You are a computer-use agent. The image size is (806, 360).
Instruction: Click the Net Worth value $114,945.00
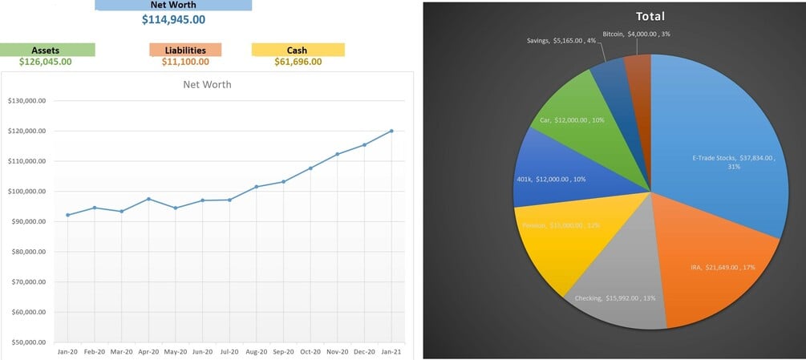[173, 19]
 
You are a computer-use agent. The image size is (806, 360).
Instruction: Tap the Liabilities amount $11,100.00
[185, 62]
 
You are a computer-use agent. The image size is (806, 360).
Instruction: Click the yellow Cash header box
[298, 50]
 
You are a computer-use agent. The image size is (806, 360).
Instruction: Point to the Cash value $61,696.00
[298, 62]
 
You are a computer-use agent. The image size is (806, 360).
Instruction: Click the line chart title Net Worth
[208, 84]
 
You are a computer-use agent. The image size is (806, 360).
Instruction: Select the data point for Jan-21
[391, 131]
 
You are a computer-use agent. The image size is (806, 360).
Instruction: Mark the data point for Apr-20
[148, 199]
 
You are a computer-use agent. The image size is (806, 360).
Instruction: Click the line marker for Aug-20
[257, 187]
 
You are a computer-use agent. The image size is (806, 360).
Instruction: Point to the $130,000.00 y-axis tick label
[26, 101]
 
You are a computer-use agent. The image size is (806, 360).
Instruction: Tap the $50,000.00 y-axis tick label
[26, 342]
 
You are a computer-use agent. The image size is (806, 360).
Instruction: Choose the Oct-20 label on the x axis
[310, 351]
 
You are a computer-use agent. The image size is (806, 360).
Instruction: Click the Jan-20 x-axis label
[67, 351]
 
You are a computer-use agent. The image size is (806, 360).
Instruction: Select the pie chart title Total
[650, 16]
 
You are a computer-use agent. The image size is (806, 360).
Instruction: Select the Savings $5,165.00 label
[561, 39]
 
